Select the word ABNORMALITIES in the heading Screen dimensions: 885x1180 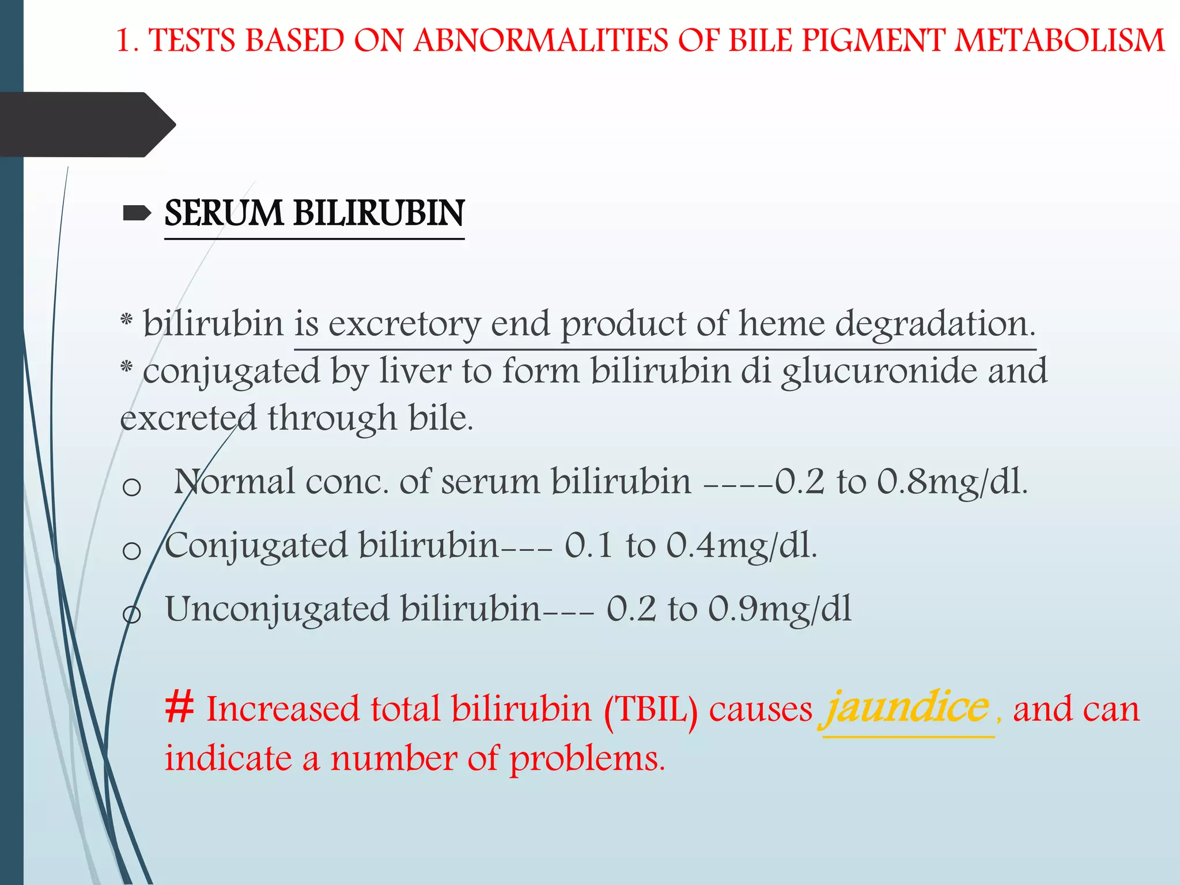click(541, 41)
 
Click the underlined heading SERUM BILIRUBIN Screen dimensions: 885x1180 click(314, 213)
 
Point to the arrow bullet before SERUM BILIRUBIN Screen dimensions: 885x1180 click(137, 214)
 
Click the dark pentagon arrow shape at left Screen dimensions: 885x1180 click(86, 124)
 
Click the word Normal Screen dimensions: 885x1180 click(235, 482)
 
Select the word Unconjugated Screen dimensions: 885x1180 click(277, 610)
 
